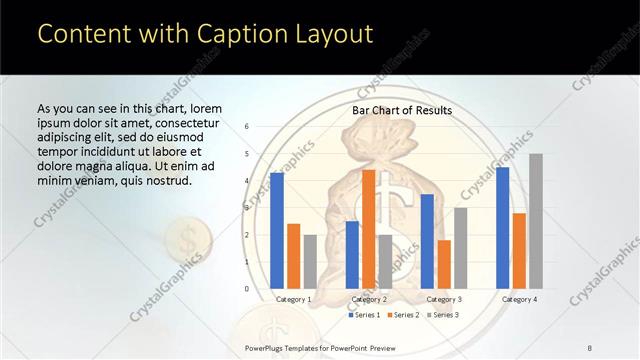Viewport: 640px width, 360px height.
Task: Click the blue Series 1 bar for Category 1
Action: [277, 230]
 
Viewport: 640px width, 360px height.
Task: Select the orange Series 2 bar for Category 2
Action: [368, 229]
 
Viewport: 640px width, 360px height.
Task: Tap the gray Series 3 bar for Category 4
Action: [535, 221]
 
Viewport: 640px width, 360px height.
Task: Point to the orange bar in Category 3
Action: [443, 264]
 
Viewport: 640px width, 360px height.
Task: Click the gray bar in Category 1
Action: [310, 261]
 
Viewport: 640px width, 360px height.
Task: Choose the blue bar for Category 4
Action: [502, 227]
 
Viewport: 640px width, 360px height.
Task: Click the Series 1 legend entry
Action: [365, 315]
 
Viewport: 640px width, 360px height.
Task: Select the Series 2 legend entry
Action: [403, 315]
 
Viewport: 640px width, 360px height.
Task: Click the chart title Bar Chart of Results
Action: [402, 110]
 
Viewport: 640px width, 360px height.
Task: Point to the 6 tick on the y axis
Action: [247, 127]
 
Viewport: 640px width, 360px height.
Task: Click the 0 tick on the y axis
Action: [247, 288]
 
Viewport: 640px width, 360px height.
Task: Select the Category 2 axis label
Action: [368, 299]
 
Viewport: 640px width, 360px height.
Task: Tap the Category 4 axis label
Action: [518, 299]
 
